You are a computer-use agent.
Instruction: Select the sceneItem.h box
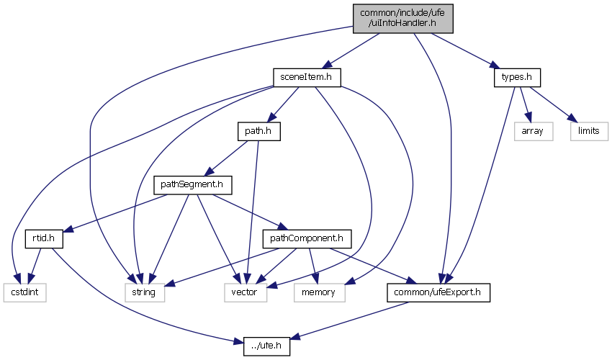307,77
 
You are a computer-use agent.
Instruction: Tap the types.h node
516,77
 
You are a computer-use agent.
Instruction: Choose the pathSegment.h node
192,185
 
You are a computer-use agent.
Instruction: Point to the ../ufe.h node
266,346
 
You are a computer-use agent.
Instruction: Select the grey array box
532,132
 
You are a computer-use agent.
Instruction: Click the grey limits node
589,132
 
